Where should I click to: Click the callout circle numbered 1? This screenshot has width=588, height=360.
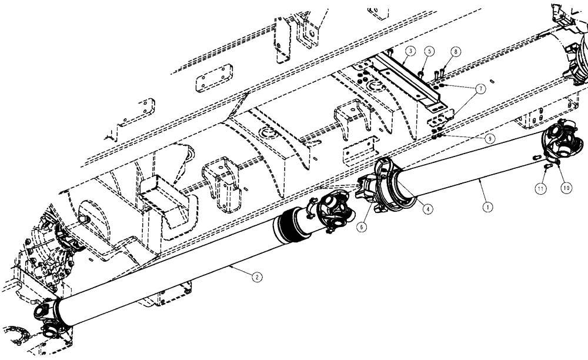click(486, 206)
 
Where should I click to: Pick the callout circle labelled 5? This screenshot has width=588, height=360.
click(430, 52)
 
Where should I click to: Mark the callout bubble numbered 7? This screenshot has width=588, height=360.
click(480, 89)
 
